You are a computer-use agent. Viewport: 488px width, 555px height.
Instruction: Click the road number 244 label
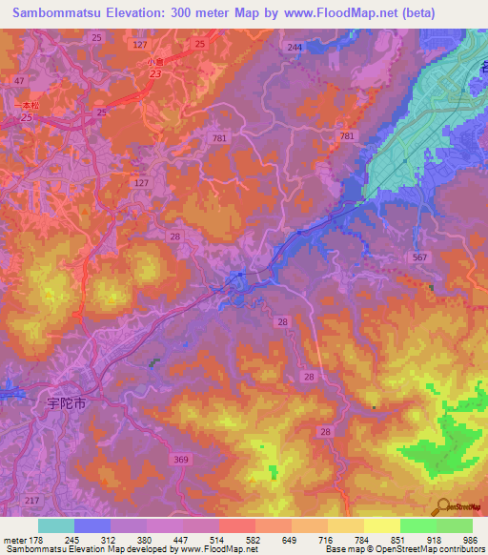[295, 47]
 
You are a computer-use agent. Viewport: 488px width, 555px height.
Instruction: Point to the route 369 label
[180, 460]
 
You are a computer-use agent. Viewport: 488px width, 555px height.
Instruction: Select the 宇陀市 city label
[67, 403]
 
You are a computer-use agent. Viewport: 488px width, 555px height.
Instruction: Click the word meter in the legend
[15, 539]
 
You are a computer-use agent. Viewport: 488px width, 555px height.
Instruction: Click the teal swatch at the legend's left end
[56, 525]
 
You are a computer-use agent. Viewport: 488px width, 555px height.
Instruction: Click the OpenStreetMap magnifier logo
[441, 507]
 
